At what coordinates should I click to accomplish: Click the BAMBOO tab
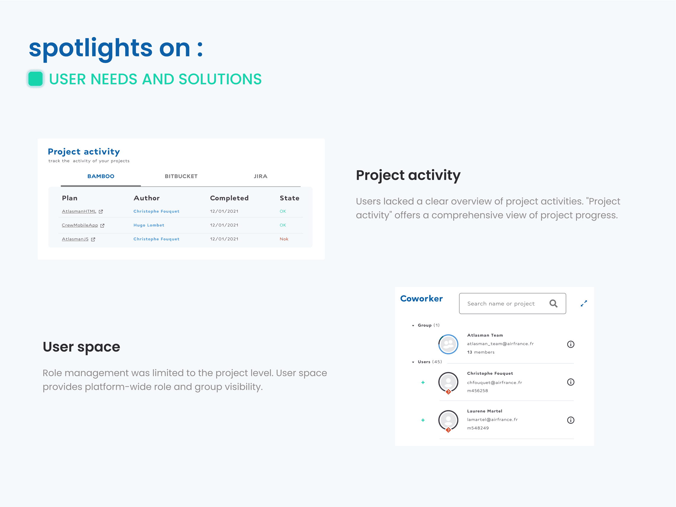point(101,176)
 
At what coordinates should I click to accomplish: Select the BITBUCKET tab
point(181,176)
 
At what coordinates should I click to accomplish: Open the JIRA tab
point(260,176)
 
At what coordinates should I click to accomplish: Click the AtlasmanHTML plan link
point(79,211)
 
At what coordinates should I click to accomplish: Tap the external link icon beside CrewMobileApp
point(102,226)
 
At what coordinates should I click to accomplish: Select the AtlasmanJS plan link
point(75,239)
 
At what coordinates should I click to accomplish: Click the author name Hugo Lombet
point(149,225)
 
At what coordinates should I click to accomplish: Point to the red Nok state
point(284,239)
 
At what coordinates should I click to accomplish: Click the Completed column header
point(229,198)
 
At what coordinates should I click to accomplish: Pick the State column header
point(289,198)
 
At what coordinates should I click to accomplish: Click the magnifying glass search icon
point(554,304)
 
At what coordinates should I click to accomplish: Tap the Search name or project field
point(513,304)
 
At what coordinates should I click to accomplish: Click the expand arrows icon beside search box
point(584,304)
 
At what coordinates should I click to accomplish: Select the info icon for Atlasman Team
point(570,345)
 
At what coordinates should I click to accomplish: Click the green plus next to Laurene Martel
point(423,420)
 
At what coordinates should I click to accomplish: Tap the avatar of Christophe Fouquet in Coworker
point(448,382)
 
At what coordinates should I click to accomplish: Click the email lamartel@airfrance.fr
point(492,420)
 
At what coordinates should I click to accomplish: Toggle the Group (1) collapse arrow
point(413,326)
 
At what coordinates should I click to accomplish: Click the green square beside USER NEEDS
point(36,79)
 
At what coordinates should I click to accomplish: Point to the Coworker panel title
point(421,299)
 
